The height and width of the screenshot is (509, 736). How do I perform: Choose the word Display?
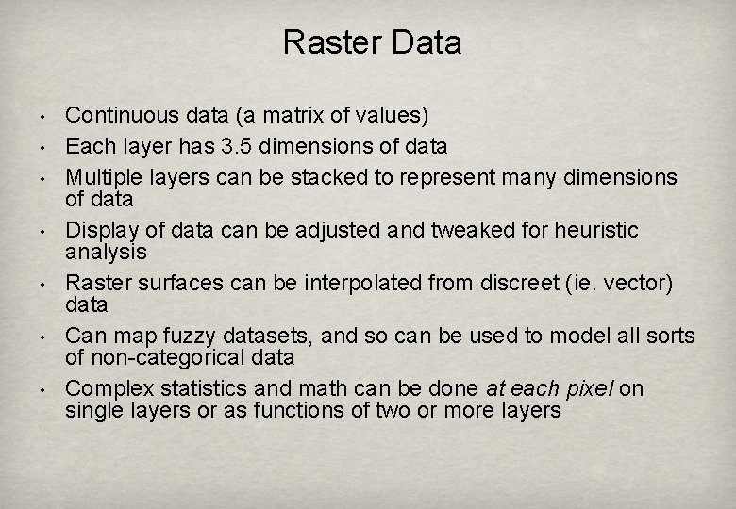click(98, 230)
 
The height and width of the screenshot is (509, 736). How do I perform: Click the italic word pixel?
click(586, 388)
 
